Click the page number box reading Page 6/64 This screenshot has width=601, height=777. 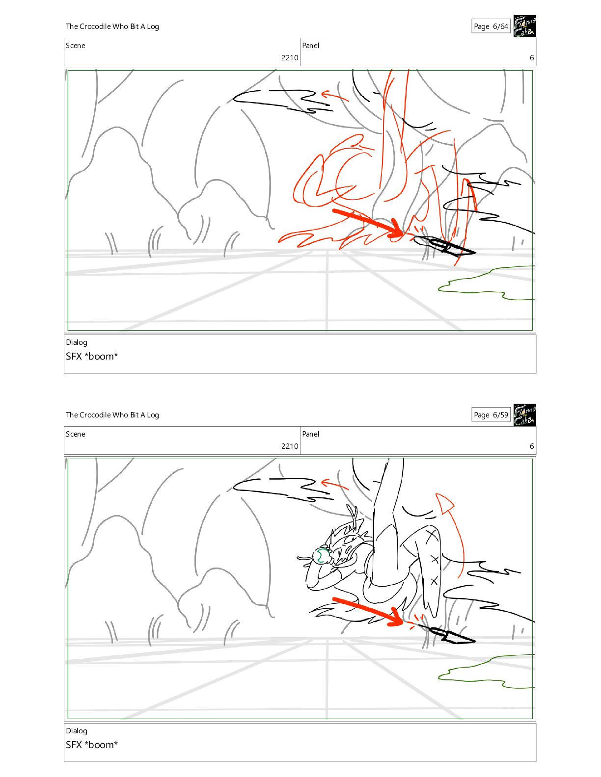pos(491,26)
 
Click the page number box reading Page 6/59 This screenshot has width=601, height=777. pos(491,415)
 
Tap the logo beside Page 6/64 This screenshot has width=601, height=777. pos(524,26)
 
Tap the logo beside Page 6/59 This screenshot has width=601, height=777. pos(524,415)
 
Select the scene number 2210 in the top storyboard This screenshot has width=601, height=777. pos(290,57)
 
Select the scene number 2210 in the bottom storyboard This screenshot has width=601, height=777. pos(290,446)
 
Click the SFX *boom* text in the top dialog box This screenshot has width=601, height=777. pos(92,357)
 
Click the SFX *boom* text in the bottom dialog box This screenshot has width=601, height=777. pos(92,745)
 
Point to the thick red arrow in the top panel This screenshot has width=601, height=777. pos(368,223)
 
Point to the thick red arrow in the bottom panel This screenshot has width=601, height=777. pos(368,611)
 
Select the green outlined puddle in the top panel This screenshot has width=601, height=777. pos(487,283)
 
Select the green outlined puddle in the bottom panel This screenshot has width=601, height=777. pos(487,672)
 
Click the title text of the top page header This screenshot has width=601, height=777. pos(112,26)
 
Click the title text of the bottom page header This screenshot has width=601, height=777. pos(112,415)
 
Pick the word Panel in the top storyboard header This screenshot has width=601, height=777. pos(310,46)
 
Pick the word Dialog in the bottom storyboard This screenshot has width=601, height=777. pos(77,731)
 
